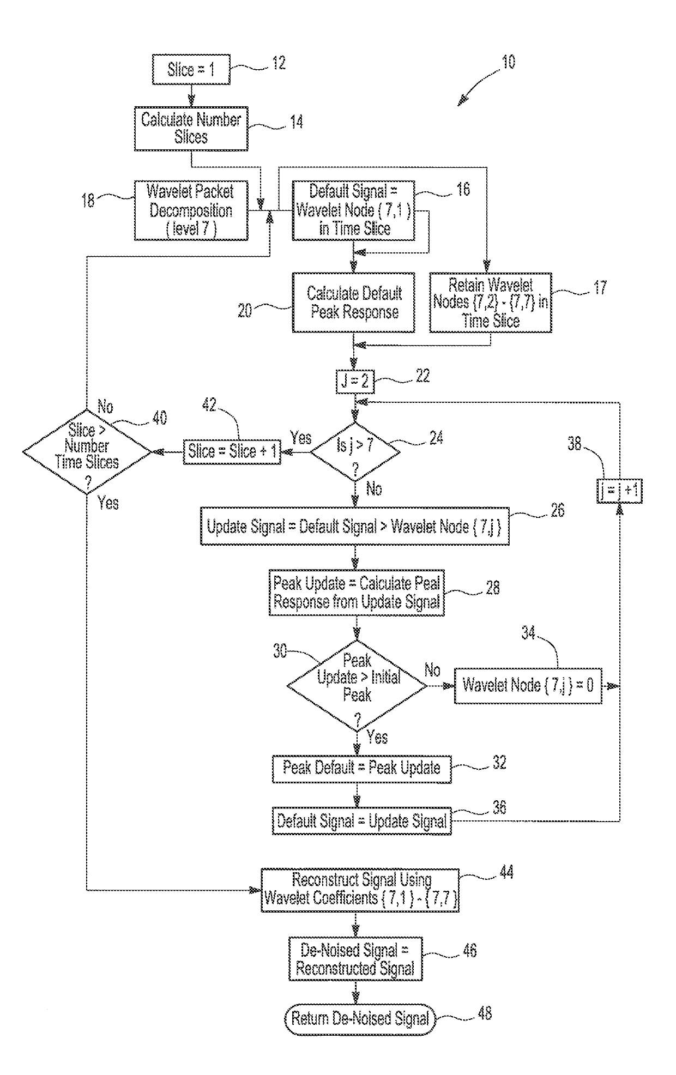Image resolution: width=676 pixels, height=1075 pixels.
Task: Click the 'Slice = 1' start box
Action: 191,70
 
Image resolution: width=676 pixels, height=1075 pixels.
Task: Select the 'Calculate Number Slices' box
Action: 191,129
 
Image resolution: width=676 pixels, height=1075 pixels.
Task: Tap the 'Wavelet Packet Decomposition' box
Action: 191,210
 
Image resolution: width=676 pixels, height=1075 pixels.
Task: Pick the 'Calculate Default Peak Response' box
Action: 353,303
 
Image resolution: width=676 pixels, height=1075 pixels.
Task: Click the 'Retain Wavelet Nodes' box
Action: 490,303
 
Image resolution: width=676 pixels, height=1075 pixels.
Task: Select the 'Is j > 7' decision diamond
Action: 355,451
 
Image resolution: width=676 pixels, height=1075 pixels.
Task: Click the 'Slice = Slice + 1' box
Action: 232,452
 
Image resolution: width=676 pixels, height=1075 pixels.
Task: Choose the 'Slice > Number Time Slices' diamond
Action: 87,452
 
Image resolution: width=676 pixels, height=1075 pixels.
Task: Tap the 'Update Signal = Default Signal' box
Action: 354,527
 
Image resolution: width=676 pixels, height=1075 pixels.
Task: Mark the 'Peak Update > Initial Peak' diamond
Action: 357,686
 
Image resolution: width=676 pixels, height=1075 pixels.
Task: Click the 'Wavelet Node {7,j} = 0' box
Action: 528,686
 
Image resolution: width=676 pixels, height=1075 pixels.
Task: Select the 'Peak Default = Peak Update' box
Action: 361,768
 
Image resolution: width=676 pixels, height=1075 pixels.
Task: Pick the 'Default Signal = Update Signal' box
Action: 361,821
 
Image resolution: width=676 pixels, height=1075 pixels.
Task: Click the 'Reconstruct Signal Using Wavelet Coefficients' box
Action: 360,890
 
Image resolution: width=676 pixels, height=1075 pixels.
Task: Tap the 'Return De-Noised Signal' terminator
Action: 360,1018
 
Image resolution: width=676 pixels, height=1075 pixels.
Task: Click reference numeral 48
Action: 484,1013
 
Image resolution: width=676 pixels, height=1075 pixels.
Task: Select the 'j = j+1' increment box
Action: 619,491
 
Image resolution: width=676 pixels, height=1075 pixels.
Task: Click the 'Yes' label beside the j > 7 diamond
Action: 300,438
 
